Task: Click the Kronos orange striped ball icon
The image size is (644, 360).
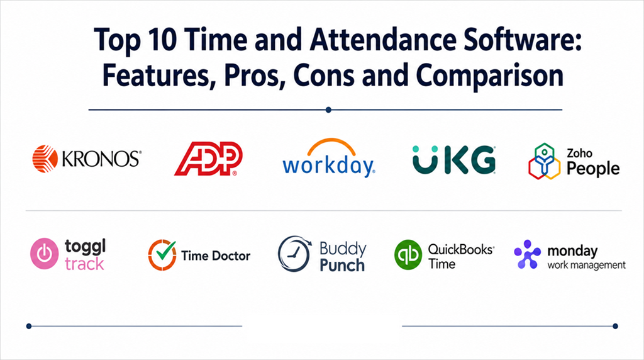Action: click(45, 159)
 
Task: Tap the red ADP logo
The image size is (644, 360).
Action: click(208, 159)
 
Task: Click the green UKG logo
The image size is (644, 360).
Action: click(454, 159)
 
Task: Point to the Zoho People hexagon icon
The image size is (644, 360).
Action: click(544, 161)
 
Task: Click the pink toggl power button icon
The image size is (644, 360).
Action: click(45, 254)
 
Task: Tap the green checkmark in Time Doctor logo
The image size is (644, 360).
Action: click(166, 250)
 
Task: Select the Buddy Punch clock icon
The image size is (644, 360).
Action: click(294, 254)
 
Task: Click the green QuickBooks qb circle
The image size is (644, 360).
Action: click(408, 255)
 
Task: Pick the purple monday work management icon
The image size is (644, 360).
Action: click(528, 254)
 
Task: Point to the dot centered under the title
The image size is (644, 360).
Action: click(328, 110)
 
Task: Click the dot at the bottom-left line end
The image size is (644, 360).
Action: click(29, 326)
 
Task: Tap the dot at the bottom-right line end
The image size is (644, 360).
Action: click(615, 326)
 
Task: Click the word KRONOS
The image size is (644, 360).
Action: click(101, 159)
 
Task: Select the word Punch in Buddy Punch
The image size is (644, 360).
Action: click(342, 266)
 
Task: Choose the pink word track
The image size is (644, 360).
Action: click(85, 264)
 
